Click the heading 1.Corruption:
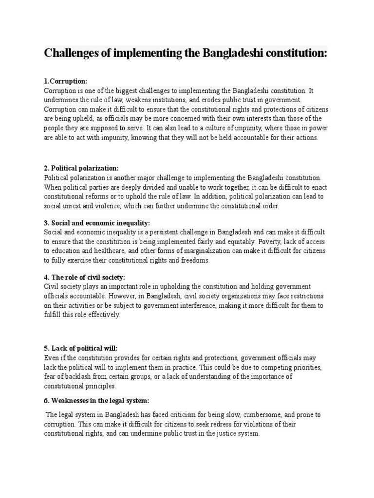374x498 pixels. [x=66, y=81]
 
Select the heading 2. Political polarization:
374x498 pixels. [x=81, y=168]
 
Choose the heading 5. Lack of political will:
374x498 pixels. [x=81, y=348]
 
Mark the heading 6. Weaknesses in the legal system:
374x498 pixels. [x=96, y=401]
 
